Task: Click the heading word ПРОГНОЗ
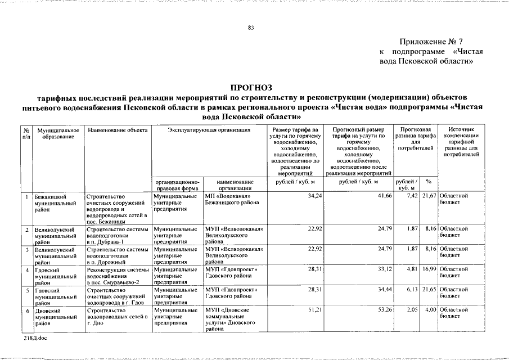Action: (x=254, y=87)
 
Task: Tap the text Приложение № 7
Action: (x=431, y=42)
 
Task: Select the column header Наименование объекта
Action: (x=118, y=130)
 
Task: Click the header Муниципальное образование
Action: (x=54, y=133)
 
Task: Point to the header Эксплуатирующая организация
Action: (x=209, y=130)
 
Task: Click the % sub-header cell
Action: (x=429, y=181)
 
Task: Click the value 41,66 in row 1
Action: (x=384, y=196)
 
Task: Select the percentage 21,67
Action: (x=429, y=196)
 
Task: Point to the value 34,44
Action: (x=384, y=290)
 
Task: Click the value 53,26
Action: (x=384, y=310)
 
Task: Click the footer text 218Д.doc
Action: (x=35, y=338)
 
